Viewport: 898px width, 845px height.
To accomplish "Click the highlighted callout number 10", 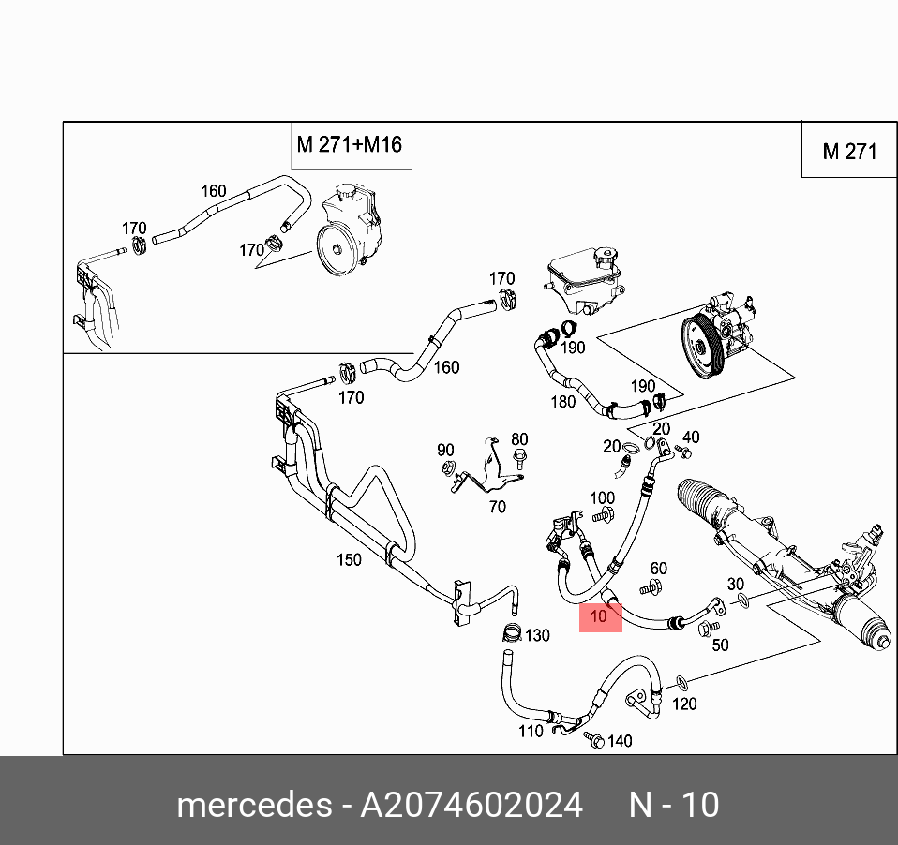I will pyautogui.click(x=600, y=616).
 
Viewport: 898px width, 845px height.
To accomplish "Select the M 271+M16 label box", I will pyautogui.click(x=349, y=145).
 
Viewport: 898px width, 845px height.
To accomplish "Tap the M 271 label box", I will pyautogui.click(x=848, y=151).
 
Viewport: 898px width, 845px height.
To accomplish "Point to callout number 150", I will pyautogui.click(x=349, y=560).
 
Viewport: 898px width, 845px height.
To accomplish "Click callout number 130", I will pyautogui.click(x=536, y=635).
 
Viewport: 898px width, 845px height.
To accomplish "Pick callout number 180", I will pyautogui.click(x=562, y=402).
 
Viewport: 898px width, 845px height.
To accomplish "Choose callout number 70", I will pyautogui.click(x=497, y=507).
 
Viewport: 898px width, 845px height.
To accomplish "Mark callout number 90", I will pyautogui.click(x=445, y=450).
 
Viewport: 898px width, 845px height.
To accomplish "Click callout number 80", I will pyautogui.click(x=519, y=438).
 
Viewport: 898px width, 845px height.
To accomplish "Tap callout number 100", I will pyautogui.click(x=602, y=497).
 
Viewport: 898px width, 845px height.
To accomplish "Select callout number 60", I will pyautogui.click(x=658, y=569).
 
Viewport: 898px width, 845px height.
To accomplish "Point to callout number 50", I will pyautogui.click(x=720, y=645).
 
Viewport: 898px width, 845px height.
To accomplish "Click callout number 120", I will pyautogui.click(x=685, y=703).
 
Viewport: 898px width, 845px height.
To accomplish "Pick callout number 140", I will pyautogui.click(x=620, y=741).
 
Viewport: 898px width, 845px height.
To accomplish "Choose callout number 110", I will pyautogui.click(x=531, y=730).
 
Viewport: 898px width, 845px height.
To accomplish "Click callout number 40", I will pyautogui.click(x=690, y=437).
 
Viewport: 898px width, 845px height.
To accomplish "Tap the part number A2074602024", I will pyautogui.click(x=471, y=805).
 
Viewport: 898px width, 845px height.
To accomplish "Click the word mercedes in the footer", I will pyautogui.click(x=252, y=805).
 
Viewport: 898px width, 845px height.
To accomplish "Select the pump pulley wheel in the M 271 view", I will pyautogui.click(x=701, y=348).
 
